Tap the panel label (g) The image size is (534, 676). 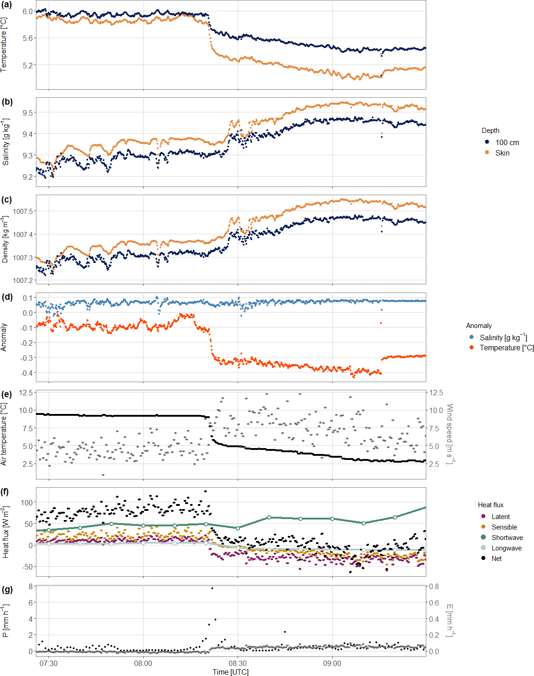[x=7, y=590]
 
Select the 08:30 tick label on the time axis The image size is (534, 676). [x=237, y=663]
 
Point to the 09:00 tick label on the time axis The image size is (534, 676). [x=332, y=663]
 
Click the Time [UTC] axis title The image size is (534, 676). [x=230, y=672]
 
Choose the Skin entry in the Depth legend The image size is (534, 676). [x=502, y=153]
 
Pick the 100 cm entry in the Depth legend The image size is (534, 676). [x=507, y=142]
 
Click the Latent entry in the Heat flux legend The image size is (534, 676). [x=500, y=517]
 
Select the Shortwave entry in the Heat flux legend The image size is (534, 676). [x=507, y=538]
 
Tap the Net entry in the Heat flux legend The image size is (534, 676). [x=496, y=559]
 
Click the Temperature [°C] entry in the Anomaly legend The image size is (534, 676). [x=506, y=348]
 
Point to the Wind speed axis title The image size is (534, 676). [x=449, y=434]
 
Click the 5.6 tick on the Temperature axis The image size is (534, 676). [x=28, y=38]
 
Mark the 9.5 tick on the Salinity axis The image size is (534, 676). [x=28, y=113]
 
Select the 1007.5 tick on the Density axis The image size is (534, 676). [x=23, y=211]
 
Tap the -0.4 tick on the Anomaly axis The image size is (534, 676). [x=27, y=373]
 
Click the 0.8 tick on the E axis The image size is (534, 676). [x=434, y=586]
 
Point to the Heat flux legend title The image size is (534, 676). [x=490, y=505]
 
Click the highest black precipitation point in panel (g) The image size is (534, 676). [x=212, y=588]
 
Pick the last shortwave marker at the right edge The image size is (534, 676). [x=426, y=507]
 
